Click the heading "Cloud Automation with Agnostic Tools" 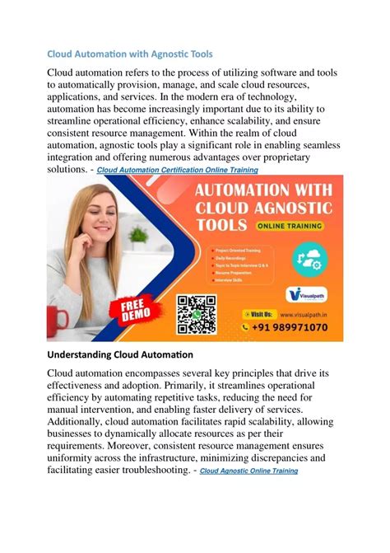[129, 54]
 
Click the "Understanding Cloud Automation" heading [119, 355]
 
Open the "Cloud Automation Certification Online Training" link [178, 171]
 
